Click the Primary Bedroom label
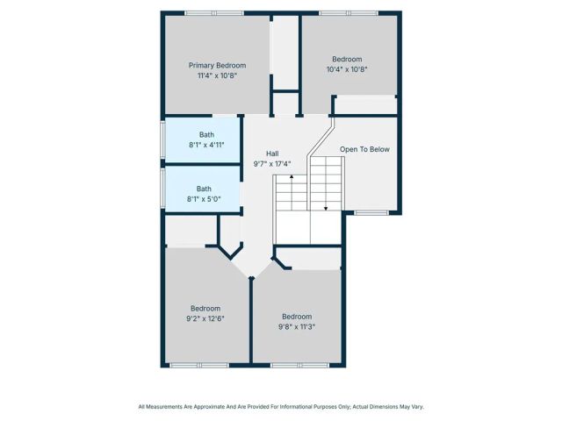coord(217,65)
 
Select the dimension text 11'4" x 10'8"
coord(217,75)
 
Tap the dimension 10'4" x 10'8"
coord(347,69)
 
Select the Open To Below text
coord(364,149)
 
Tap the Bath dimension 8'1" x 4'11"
coord(206,145)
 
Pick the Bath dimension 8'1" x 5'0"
coord(204,199)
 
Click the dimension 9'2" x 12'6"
coord(205,318)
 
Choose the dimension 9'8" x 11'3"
coord(297,326)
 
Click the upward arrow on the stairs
coord(291,179)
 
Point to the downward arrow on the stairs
coord(326,207)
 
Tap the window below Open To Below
coord(371,213)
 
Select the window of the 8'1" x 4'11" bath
coord(162,140)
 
